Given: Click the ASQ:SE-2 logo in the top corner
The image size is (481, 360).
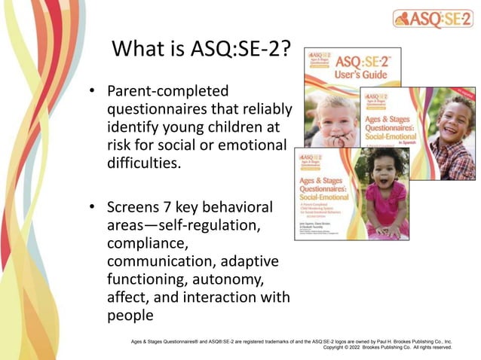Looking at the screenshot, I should click(433, 19).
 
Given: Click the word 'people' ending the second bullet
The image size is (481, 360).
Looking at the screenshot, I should click(130, 315).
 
